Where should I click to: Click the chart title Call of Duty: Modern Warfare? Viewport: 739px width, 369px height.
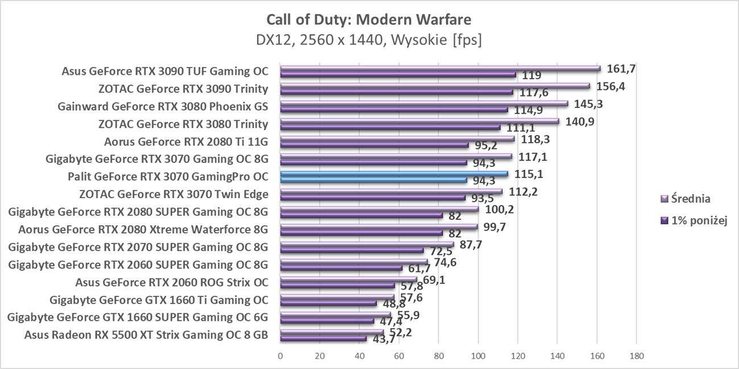[x=369, y=20]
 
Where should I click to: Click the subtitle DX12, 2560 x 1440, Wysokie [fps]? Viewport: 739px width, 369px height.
[x=369, y=40]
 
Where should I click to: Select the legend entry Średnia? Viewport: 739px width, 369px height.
[x=690, y=199]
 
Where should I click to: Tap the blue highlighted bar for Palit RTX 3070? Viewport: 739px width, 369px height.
[x=394, y=174]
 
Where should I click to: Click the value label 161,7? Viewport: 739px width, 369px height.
[x=621, y=69]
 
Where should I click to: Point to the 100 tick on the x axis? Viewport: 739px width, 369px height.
[x=478, y=356]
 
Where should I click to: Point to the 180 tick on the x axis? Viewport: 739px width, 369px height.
[x=636, y=356]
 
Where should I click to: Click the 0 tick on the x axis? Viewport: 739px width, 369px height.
[x=280, y=356]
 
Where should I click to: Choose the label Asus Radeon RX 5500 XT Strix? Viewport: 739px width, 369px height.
[x=146, y=334]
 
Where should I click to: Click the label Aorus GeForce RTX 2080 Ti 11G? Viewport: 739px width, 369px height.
[x=186, y=141]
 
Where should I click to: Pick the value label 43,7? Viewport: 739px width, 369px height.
[x=384, y=339]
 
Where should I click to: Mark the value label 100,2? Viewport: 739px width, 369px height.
[x=499, y=209]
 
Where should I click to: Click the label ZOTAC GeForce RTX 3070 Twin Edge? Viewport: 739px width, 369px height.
[x=175, y=194]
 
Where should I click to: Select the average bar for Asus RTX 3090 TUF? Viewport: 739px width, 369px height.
[x=440, y=69]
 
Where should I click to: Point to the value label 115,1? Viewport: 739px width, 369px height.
[x=529, y=174]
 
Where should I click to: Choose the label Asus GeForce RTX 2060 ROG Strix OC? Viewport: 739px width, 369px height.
[x=172, y=282]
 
